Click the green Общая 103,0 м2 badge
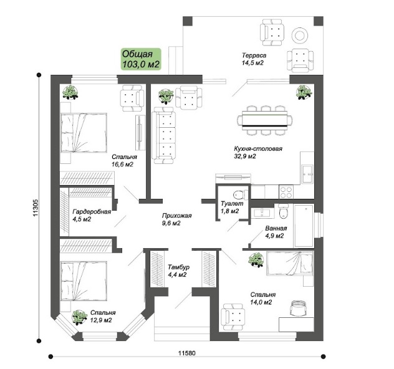141,59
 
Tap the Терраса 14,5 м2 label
254,59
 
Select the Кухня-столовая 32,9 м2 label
258,152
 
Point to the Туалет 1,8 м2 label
232,207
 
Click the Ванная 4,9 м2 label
276,232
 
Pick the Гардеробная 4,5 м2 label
92,215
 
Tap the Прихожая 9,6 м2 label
176,219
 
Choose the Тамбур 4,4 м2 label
179,271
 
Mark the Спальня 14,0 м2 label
263,298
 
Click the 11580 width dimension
187,353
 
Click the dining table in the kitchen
265,120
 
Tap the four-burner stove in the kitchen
286,192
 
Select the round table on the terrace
300,36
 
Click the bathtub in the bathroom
304,226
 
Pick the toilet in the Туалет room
241,194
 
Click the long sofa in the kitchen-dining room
164,136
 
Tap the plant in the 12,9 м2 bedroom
79,317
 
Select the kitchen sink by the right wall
307,175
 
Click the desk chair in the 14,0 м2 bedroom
298,308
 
